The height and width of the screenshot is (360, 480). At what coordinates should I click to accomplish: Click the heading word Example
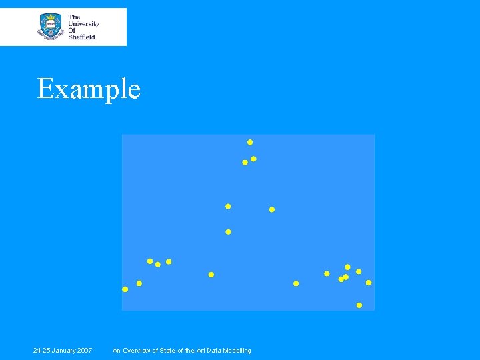tap(89, 89)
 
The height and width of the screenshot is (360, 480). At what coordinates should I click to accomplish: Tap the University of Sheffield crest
tap(50, 26)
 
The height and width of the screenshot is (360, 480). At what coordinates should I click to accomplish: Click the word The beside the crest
tap(75, 17)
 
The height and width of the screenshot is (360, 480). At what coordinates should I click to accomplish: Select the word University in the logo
tap(84, 23)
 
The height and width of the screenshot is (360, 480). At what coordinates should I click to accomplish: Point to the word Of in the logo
tap(73, 30)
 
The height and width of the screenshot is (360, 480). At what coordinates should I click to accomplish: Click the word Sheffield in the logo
tap(83, 37)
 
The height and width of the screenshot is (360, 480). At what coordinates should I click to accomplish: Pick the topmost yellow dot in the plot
tap(250, 142)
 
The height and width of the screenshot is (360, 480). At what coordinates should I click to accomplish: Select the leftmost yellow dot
tap(125, 289)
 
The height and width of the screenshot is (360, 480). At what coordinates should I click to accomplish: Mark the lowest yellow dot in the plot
tap(359, 305)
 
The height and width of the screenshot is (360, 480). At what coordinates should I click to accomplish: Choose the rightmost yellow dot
tap(369, 283)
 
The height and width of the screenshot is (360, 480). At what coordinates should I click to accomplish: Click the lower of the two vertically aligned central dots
tap(228, 232)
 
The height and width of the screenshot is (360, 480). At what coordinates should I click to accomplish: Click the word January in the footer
tap(64, 351)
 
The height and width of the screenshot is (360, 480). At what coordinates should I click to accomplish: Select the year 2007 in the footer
tap(84, 351)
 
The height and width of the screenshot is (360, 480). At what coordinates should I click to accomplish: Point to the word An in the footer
tap(117, 351)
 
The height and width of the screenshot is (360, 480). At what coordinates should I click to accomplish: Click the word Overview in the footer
tap(136, 351)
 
